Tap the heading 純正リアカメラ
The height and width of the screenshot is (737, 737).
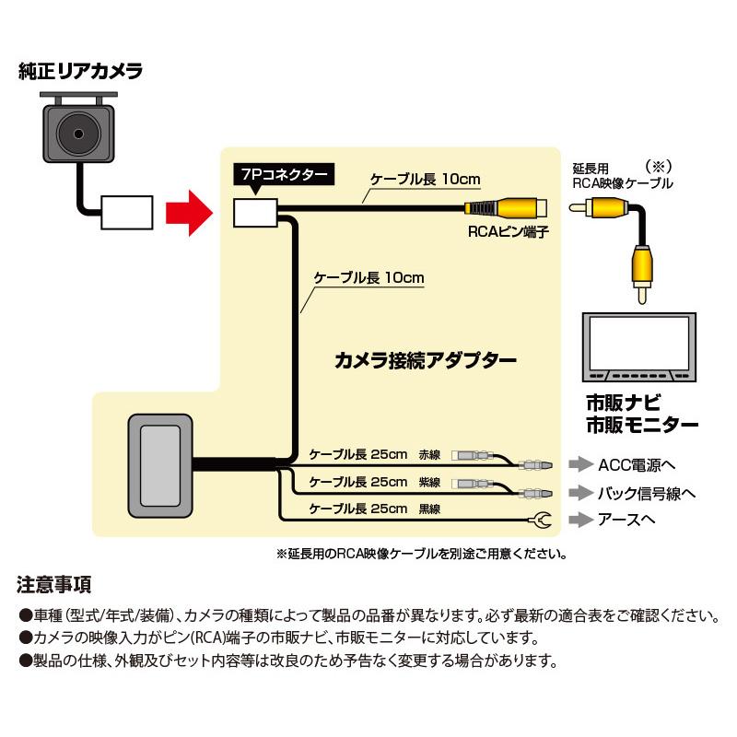point(81,71)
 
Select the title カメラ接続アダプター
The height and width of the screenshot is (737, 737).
point(425,360)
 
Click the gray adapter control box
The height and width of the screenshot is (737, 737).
point(161,465)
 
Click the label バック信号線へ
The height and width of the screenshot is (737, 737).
point(645,492)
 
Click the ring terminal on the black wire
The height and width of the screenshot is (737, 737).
point(543,522)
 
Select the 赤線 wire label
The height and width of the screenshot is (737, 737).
point(429,455)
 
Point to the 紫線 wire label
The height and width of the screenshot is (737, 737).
point(429,482)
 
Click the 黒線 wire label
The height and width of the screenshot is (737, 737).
point(429,509)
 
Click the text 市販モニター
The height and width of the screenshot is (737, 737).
point(642,425)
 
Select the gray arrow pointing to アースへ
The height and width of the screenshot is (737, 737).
point(580,521)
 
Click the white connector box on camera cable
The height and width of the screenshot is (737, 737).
point(128,212)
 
